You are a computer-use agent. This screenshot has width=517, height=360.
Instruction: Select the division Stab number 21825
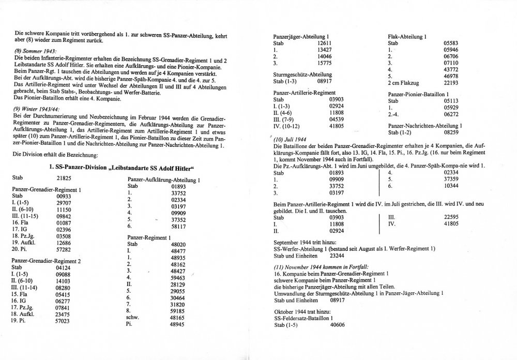(54, 177)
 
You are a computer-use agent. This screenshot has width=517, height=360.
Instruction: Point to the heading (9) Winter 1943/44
(37, 109)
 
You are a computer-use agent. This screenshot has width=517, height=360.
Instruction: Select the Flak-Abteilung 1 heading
(407, 37)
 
